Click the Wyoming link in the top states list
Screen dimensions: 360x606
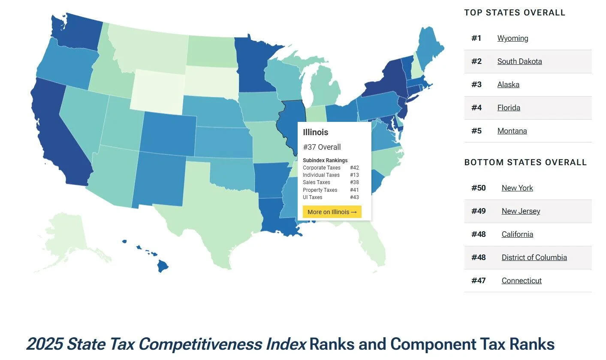click(513, 38)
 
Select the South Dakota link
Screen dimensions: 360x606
click(519, 61)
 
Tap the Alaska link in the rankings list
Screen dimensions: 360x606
click(508, 85)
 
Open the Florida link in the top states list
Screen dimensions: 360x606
click(509, 108)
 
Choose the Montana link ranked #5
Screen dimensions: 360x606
click(512, 131)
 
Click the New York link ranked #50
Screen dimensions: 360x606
click(517, 188)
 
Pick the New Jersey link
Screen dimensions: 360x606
click(521, 211)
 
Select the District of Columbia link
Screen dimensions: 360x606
click(534, 257)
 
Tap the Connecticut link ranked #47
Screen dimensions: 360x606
click(522, 281)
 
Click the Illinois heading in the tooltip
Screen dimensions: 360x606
click(315, 132)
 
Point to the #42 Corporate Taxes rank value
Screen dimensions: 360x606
click(354, 168)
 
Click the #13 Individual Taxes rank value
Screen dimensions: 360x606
click(354, 175)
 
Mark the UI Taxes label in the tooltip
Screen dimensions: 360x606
click(312, 197)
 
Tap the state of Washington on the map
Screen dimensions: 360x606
click(75, 32)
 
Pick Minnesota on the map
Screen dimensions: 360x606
click(253, 64)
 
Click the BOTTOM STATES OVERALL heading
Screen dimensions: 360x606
click(525, 162)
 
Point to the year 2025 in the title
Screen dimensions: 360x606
click(45, 344)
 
